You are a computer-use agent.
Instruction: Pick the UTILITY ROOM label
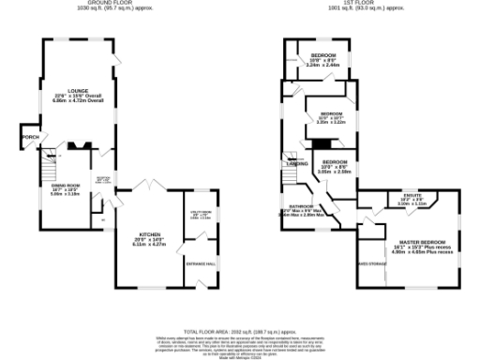[x=201, y=213]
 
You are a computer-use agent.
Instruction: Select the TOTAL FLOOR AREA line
[x=239, y=332]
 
